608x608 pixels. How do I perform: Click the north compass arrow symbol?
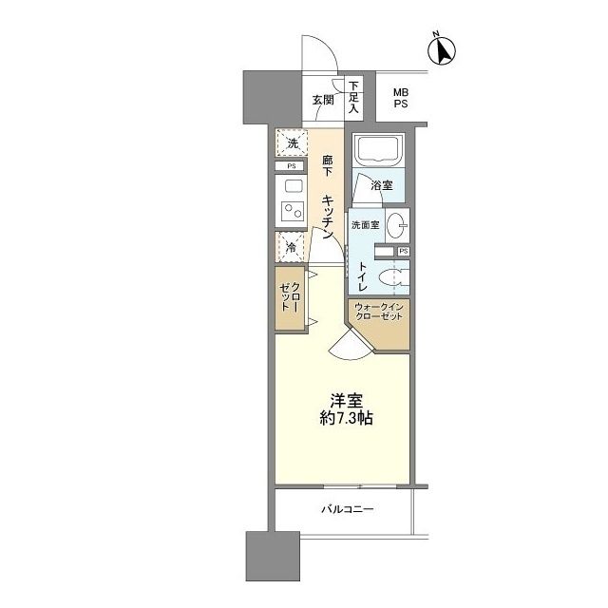click(442, 50)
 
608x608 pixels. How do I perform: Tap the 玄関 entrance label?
click(323, 100)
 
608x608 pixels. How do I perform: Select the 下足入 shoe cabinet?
click(353, 97)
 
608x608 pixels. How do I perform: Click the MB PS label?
click(401, 98)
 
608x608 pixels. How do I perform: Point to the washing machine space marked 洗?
click(292, 142)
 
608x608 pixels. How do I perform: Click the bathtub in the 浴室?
click(379, 150)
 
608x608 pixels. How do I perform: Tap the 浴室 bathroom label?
click(382, 185)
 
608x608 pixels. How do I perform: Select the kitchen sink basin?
click(294, 186)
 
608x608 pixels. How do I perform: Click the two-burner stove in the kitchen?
click(292, 212)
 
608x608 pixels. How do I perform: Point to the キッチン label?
click(328, 217)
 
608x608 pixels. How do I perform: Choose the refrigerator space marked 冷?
click(291, 247)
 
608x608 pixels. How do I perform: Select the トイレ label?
click(362, 276)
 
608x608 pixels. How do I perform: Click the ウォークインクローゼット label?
click(379, 312)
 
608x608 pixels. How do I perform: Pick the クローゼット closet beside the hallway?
click(290, 298)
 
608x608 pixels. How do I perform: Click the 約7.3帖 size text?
click(346, 418)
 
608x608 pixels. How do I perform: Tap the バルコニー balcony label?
click(348, 509)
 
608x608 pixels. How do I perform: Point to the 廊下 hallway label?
click(328, 165)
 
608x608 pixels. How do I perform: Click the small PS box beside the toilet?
click(403, 251)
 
